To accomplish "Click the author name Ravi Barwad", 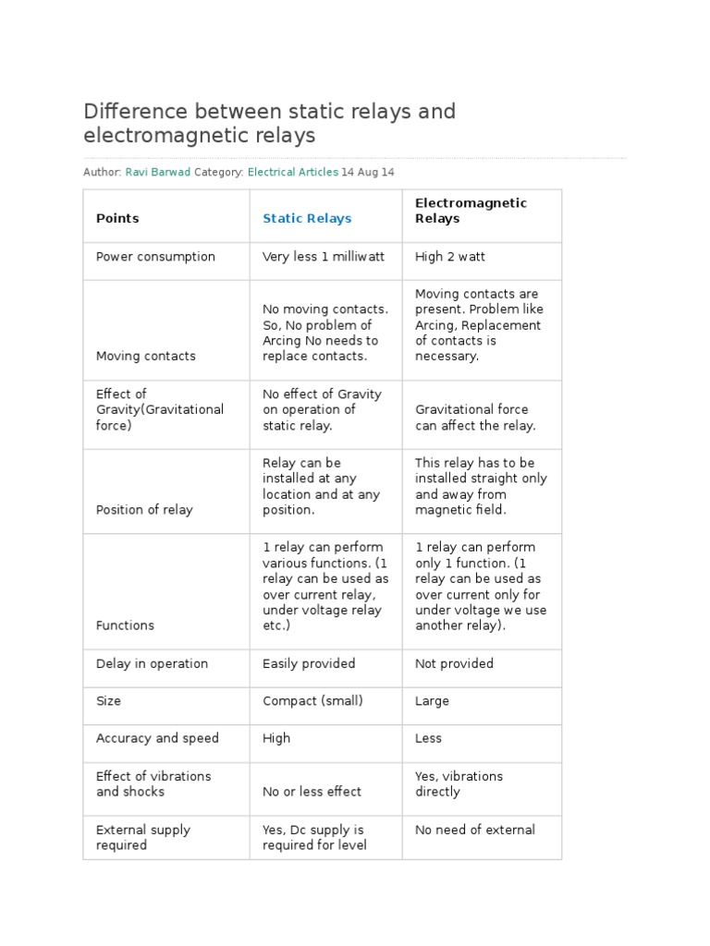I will click(x=157, y=172).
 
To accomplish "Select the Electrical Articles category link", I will click(x=293, y=172).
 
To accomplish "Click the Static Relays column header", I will click(x=307, y=219).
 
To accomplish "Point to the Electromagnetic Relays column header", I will click(x=471, y=211).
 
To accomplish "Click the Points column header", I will click(x=117, y=219).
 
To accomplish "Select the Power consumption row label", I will click(x=155, y=257).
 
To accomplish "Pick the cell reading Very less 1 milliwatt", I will click(x=324, y=257).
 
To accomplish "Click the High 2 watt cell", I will click(x=450, y=257).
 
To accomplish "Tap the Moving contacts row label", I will click(x=146, y=356).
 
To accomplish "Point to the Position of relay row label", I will click(x=144, y=510).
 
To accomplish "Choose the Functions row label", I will click(x=125, y=625).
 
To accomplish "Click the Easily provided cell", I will click(x=309, y=663).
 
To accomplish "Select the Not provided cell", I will click(x=454, y=663).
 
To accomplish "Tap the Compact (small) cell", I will click(x=312, y=701).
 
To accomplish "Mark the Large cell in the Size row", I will click(x=432, y=701).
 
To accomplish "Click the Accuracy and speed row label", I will click(x=157, y=738).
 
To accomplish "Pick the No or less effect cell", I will click(x=312, y=792).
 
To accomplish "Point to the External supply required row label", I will click(x=143, y=837).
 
